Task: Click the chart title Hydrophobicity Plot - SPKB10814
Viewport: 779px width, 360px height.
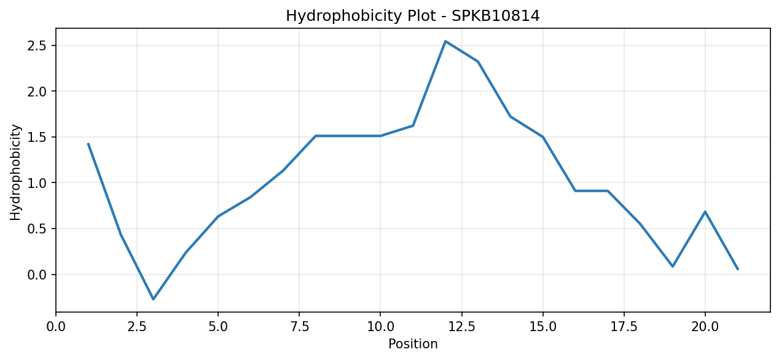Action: point(413,16)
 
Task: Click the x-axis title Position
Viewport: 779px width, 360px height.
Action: point(413,344)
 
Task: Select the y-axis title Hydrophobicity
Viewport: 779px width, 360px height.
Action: point(15,172)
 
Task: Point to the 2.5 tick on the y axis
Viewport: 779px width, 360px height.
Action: point(37,46)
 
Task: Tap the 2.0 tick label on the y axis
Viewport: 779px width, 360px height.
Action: point(37,92)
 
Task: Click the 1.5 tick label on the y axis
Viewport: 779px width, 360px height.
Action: point(37,138)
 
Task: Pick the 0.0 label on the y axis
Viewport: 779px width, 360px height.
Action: point(37,275)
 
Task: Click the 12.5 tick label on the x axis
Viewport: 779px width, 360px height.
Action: point(461,327)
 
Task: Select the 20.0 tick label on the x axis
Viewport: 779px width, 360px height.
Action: point(705,327)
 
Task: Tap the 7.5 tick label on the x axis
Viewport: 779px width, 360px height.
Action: point(299,327)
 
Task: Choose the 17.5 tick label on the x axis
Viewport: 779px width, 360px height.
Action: point(624,327)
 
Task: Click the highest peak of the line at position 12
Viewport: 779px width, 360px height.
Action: point(445,41)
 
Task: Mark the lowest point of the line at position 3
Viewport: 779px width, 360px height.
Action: point(153,299)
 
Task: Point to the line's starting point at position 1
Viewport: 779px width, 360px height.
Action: point(88,143)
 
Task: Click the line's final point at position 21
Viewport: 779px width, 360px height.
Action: point(738,269)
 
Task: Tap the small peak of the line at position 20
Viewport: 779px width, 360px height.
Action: point(705,211)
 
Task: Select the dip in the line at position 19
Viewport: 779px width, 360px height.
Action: point(673,267)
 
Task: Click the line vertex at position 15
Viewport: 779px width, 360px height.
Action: point(543,137)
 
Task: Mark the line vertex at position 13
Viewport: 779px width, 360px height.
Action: point(478,61)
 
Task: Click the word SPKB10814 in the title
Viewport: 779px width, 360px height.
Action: point(496,16)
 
